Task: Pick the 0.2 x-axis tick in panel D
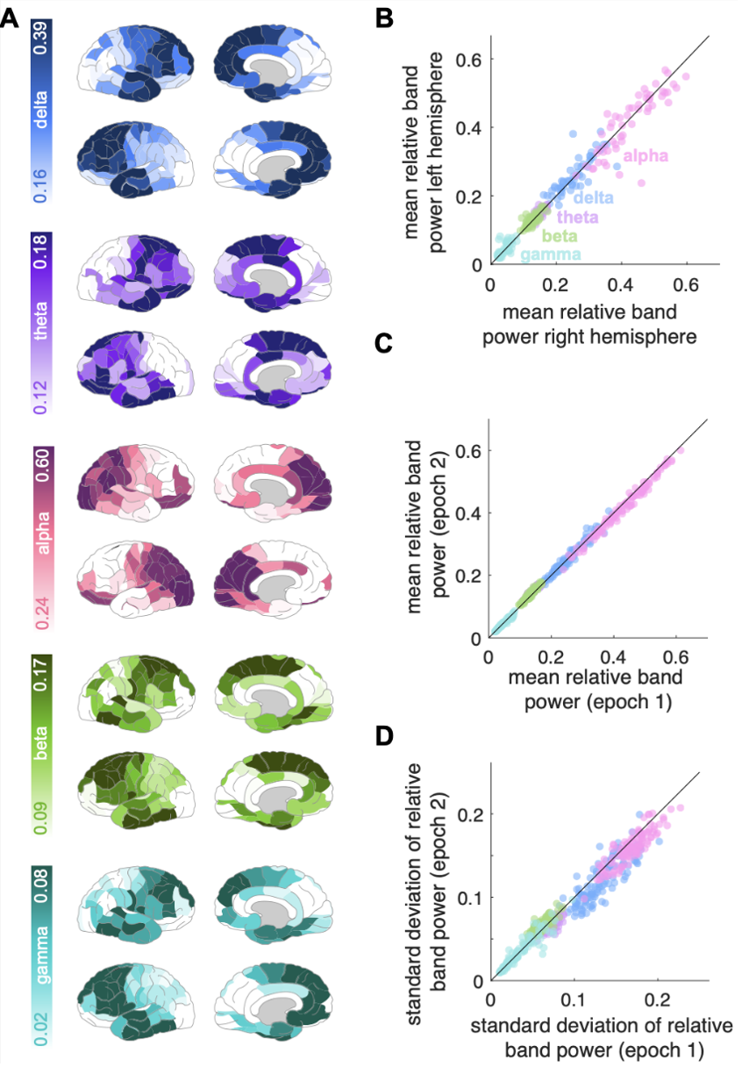657,999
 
